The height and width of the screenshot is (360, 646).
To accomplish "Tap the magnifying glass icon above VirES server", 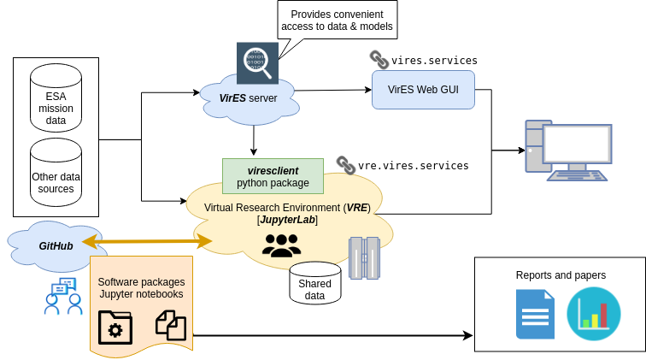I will coord(257,62).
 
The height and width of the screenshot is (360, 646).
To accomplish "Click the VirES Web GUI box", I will coord(423,89).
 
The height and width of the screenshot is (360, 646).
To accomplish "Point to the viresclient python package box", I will coord(273,175).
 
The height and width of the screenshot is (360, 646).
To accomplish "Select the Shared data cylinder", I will coord(315,283).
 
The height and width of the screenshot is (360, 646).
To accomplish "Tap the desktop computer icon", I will coord(567,150).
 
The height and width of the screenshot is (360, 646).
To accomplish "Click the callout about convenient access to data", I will coord(338,21).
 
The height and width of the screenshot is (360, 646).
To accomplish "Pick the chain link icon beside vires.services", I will coord(379,60).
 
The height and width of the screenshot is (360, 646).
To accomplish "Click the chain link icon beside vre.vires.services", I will coord(345,164).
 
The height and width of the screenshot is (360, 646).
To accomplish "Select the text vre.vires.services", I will coord(414,165).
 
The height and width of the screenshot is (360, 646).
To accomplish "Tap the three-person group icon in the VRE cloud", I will coord(281,245).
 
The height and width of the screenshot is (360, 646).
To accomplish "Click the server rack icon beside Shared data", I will coord(364,258).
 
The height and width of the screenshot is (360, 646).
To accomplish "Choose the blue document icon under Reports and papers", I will coord(535,314).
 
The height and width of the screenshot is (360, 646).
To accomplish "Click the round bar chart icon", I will coord(593,312).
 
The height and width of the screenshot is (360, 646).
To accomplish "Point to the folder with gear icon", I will coord(115,327).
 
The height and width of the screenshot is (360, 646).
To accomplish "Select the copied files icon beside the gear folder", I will coord(170,325).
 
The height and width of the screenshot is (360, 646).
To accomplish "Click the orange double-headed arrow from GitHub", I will coord(147,241).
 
